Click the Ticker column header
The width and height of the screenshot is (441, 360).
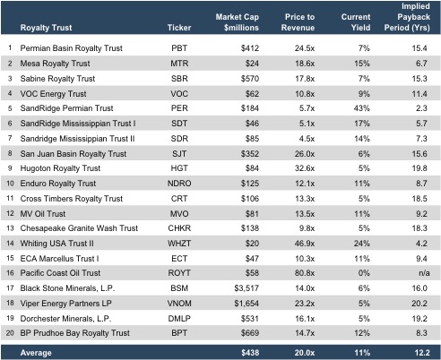point(179,28)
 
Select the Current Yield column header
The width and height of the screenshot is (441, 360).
point(356,22)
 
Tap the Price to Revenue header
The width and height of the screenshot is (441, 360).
point(298,22)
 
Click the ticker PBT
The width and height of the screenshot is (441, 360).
point(179,48)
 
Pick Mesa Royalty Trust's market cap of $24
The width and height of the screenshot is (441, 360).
point(252,64)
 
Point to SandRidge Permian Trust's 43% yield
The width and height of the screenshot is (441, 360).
point(362,108)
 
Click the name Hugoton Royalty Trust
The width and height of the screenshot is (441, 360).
point(60,168)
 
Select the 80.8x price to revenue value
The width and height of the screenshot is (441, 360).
point(305,273)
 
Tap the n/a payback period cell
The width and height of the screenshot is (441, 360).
point(424,273)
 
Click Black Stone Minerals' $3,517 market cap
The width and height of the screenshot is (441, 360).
point(246,288)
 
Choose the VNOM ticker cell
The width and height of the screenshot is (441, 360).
point(179,304)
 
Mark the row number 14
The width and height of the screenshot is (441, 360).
point(10,244)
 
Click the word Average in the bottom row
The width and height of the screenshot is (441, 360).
point(36,353)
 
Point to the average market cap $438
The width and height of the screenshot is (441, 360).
point(250,353)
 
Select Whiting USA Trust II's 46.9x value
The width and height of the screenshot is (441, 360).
point(305,244)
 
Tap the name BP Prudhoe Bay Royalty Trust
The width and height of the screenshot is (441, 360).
point(74,333)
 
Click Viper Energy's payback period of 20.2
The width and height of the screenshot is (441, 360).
point(419,304)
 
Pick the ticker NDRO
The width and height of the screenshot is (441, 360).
point(179,184)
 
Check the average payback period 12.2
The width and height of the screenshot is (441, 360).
point(422,353)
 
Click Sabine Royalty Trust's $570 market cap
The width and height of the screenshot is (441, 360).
point(250,79)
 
